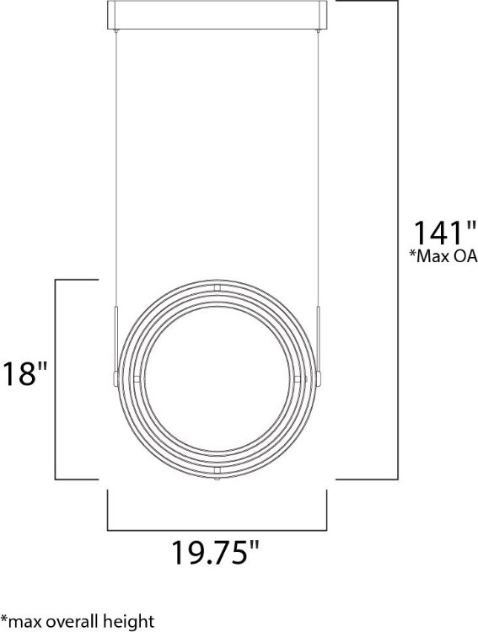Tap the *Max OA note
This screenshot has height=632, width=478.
click(443, 258)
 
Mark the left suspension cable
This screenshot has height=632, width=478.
click(115, 169)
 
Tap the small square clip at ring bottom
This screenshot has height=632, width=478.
click(217, 468)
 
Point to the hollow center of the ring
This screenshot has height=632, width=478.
click(217, 378)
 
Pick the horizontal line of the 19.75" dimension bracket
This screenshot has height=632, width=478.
click(217, 530)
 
